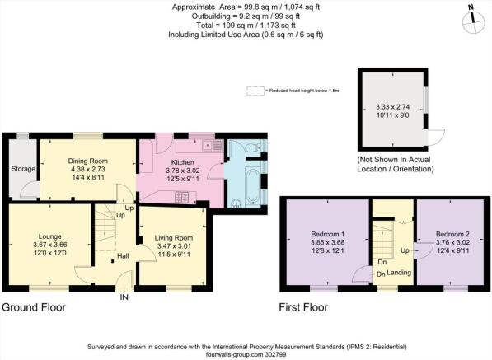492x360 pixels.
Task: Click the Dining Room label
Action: click(88, 161)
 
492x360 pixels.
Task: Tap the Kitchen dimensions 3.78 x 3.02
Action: click(183, 171)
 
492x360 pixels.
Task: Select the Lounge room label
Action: click(50, 236)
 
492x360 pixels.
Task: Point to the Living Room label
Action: click(174, 238)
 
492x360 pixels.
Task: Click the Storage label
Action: click(23, 169)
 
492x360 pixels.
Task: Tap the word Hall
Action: click(123, 256)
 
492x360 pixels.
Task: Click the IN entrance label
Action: click(124, 297)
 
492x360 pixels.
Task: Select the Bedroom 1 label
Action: click(327, 234)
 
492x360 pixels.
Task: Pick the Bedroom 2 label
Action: click(452, 234)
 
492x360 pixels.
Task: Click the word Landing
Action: click(399, 273)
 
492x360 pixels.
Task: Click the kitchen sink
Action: click(213, 146)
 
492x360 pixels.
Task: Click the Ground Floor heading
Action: click(34, 307)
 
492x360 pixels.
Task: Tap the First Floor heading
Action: click(303, 307)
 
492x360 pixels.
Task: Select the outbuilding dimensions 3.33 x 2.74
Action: click(393, 107)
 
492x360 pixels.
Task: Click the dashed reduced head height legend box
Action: click(255, 91)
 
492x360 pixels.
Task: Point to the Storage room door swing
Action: click(30, 189)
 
